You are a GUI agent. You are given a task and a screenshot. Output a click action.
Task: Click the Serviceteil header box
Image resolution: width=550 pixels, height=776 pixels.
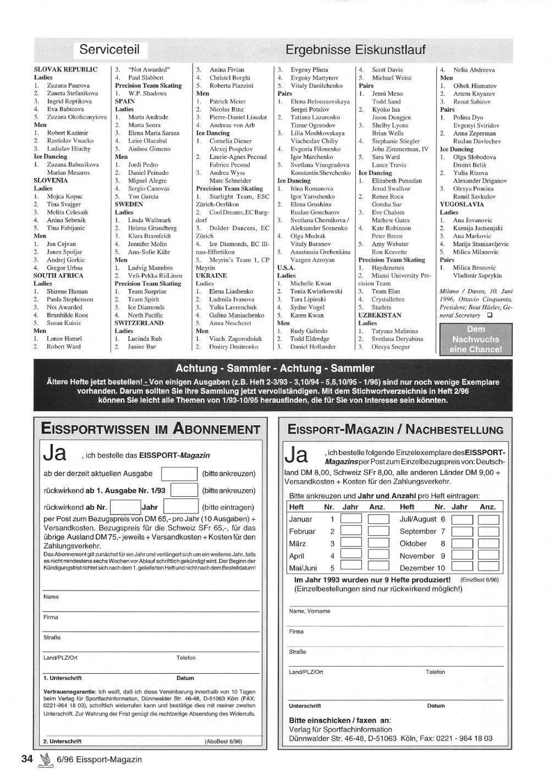pos(109,49)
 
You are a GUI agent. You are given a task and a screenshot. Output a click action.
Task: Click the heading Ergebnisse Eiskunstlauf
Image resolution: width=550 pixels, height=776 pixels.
pos(355,50)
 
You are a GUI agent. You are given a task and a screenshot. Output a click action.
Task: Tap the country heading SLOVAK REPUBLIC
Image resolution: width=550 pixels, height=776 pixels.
pos(65,70)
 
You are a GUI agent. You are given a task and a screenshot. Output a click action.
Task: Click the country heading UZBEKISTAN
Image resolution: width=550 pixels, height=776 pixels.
pos(380,315)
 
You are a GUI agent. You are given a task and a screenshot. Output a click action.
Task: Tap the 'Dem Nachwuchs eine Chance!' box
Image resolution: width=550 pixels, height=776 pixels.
pos(476,339)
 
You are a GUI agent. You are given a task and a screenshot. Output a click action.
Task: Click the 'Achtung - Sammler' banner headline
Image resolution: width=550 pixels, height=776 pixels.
pos(274,368)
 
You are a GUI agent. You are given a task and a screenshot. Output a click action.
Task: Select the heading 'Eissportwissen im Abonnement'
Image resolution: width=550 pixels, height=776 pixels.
pos(151,429)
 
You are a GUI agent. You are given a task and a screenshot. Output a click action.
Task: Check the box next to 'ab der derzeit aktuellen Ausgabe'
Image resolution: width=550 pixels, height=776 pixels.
pos(179,474)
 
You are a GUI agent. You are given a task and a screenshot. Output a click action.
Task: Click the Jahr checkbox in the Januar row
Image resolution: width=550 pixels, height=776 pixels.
pos(351,519)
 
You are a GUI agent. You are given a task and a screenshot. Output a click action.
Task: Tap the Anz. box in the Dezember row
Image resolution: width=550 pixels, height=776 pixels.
pos(487,567)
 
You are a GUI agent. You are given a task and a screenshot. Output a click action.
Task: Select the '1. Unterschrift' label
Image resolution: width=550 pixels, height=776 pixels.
pos(62,678)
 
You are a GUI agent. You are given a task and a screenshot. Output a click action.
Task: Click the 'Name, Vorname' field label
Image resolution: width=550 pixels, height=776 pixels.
pos(310,611)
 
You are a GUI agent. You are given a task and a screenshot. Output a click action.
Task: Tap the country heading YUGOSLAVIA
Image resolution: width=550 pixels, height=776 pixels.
pos(461,204)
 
